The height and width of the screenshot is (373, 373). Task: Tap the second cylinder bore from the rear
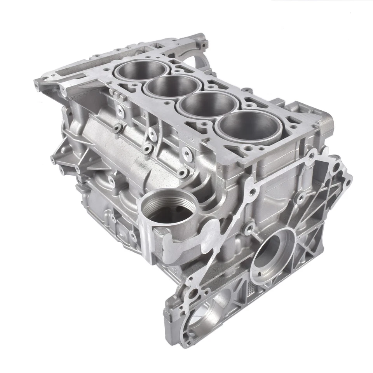[x=171, y=86]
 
